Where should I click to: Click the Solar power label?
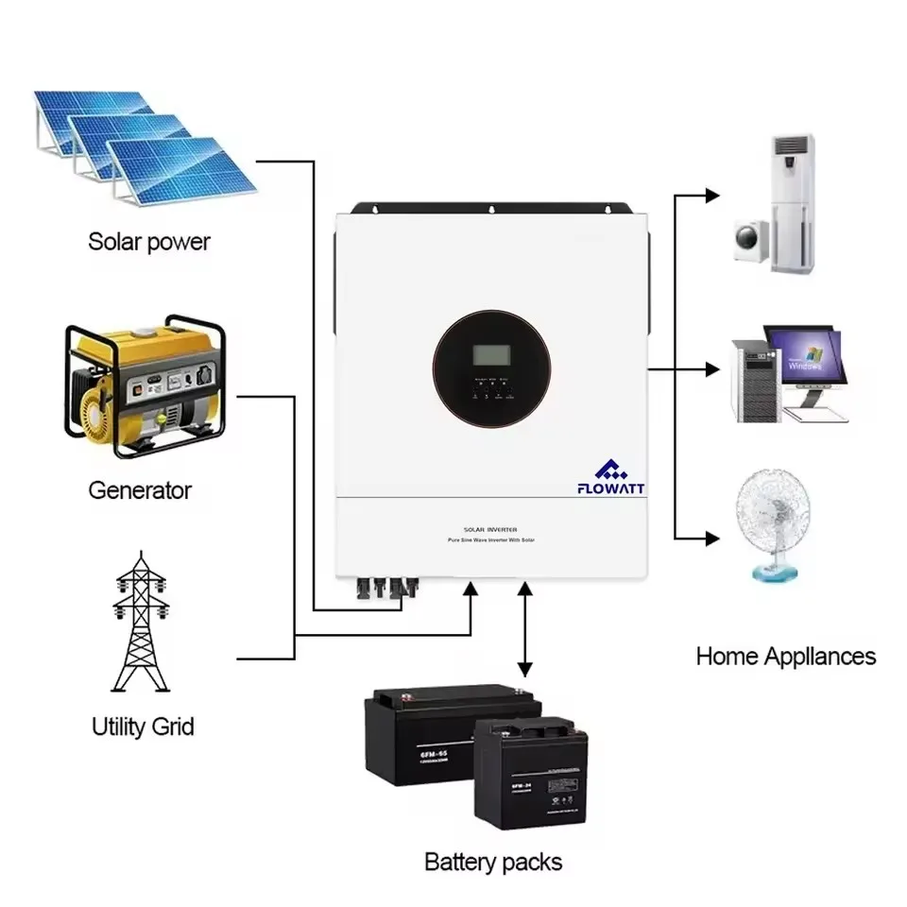149,241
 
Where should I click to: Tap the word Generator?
140,490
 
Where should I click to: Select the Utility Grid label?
143,727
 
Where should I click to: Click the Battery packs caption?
492,862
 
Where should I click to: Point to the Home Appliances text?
785,656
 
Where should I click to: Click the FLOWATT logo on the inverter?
609,476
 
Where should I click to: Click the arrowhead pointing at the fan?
710,539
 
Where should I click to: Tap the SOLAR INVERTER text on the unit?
491,531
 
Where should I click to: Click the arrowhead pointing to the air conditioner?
710,196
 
